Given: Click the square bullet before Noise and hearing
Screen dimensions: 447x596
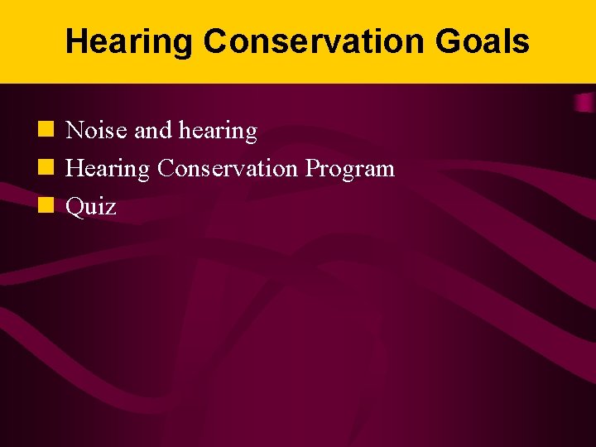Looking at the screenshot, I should click(47, 130).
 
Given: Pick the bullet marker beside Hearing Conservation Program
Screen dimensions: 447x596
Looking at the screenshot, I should click(47, 168).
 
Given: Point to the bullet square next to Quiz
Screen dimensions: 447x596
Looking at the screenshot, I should click(47, 206).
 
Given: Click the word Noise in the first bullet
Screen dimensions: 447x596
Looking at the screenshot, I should click(95, 131).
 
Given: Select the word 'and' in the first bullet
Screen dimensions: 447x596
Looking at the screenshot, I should click(150, 131).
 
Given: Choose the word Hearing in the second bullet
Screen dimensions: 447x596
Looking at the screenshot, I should click(108, 169).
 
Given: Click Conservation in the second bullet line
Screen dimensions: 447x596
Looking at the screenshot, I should click(227, 169).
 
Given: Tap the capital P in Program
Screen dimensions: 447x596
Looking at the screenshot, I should click(310, 169).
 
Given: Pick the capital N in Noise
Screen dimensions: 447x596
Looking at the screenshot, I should click(74, 131).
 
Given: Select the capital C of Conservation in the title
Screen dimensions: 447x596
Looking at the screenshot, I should click(216, 41).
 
